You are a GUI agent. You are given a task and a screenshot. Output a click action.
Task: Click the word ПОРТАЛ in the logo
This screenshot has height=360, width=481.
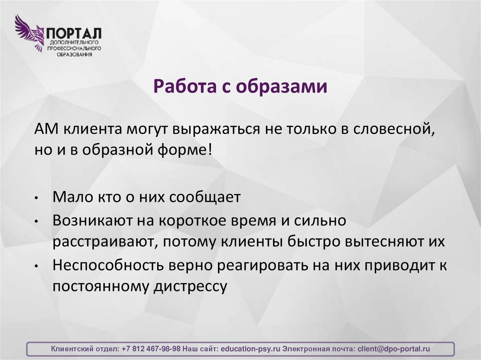tap(73, 34)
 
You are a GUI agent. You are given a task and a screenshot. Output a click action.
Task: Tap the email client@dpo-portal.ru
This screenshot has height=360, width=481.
tap(394, 349)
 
